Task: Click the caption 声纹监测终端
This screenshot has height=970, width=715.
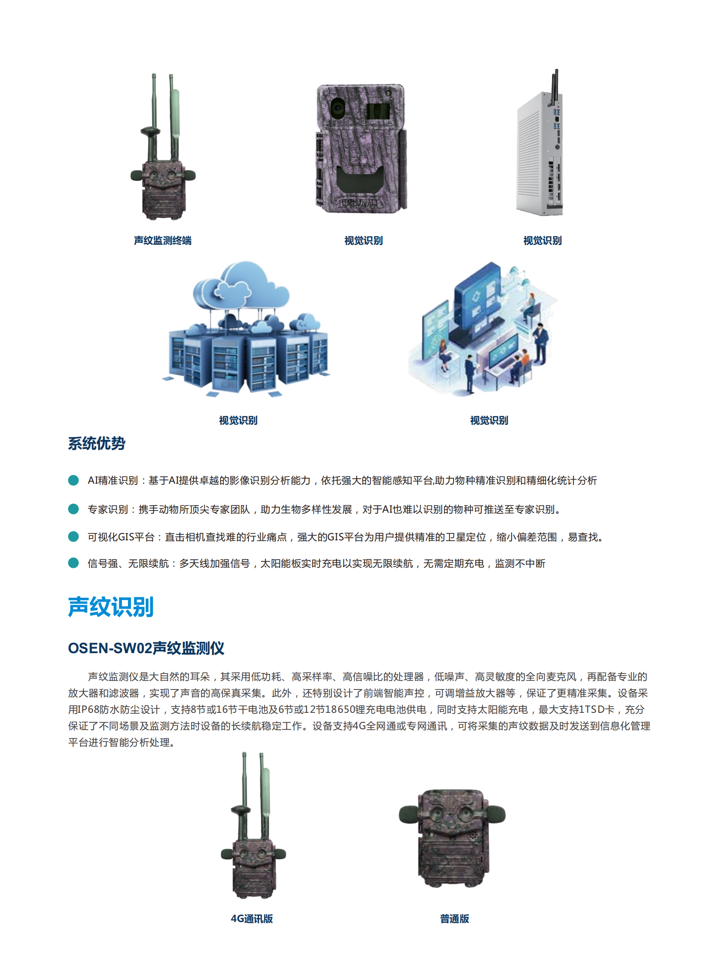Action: click(x=162, y=240)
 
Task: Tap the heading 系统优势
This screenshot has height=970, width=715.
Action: click(x=96, y=443)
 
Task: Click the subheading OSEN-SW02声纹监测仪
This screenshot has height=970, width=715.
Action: click(x=146, y=648)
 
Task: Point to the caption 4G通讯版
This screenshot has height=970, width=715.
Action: click(x=252, y=919)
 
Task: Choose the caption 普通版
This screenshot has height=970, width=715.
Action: click(x=454, y=919)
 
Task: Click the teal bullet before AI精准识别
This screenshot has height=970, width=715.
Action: click(x=73, y=480)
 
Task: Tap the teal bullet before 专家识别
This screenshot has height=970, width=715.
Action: click(x=73, y=509)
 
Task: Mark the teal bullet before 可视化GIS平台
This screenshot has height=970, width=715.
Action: click(x=73, y=536)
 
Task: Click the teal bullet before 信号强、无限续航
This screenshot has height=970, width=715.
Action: click(x=73, y=563)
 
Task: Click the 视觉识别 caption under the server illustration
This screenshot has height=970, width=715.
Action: click(x=238, y=420)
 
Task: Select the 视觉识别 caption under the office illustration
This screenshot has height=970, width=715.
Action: click(x=489, y=420)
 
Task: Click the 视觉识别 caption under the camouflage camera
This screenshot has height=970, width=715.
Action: click(x=364, y=240)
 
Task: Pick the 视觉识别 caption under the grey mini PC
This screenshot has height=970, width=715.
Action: click(x=543, y=240)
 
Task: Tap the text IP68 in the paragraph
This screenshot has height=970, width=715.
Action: click(x=89, y=709)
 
